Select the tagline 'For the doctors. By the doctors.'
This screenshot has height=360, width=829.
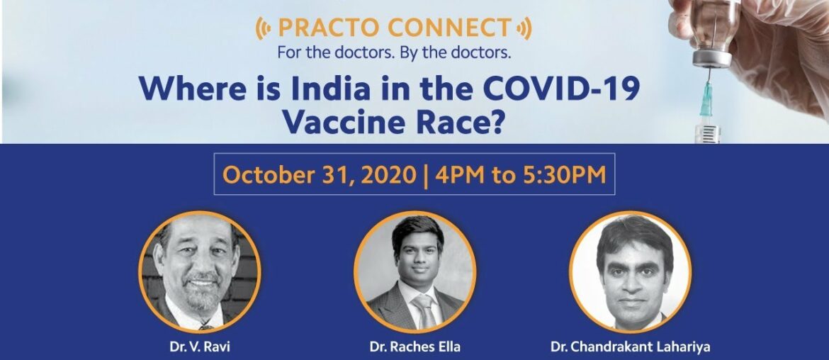pos(393,53)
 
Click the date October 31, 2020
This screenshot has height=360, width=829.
pos(319,174)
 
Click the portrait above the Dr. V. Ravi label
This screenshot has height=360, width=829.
pos(200,272)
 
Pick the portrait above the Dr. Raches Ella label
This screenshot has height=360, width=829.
pos(414,272)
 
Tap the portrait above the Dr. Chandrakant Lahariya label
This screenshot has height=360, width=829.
pos(630,272)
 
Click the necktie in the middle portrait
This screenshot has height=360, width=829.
pos(424,312)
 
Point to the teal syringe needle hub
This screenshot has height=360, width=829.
pos(706,99)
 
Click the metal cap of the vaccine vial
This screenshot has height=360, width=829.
pos(711,57)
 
